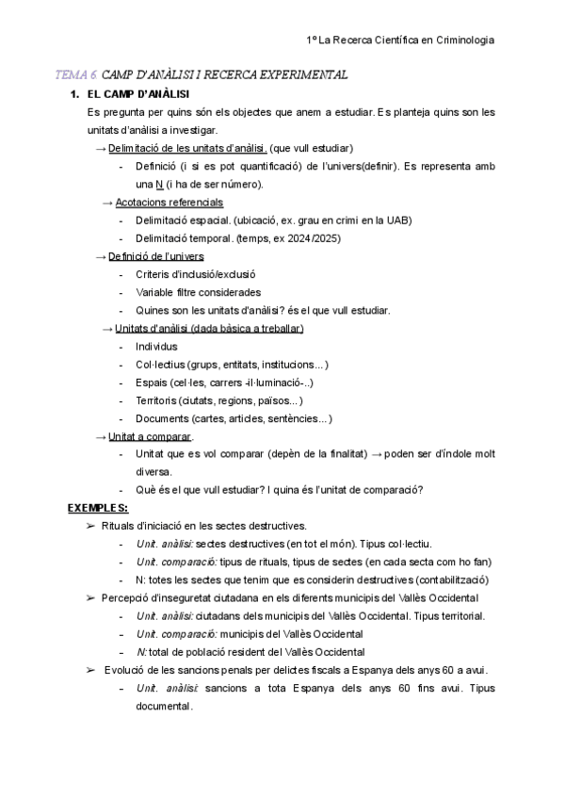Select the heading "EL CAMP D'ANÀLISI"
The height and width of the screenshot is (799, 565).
137,94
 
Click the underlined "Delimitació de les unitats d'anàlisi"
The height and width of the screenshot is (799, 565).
187,148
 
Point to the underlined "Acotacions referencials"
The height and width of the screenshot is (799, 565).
169,203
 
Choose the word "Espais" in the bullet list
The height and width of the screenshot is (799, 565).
152,383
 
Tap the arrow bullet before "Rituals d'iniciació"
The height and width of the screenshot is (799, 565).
90,526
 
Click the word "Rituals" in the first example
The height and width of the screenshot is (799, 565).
119,526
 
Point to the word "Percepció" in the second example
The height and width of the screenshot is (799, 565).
125,597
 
